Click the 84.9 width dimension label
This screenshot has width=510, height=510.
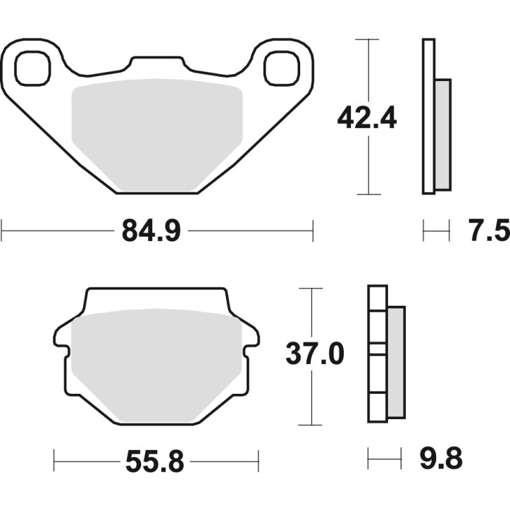coord(151,230)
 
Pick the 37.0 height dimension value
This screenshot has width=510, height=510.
coord(314,354)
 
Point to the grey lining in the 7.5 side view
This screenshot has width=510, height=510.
coord(442,134)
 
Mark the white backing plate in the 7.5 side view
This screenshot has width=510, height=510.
coord(428,116)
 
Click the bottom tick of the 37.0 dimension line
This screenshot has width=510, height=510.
coord(311,425)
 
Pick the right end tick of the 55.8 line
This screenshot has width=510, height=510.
coord(259,462)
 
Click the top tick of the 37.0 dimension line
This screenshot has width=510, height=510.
coord(311,289)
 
